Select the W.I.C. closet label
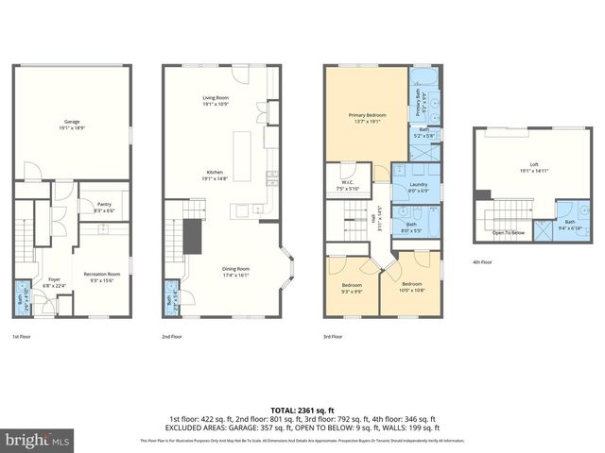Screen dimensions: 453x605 347,184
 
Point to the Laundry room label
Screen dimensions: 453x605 419,187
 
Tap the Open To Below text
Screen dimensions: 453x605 508,232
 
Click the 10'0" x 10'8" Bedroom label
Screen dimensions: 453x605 411,285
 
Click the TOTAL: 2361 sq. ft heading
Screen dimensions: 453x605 302,410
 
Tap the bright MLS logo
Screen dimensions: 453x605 36,440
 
